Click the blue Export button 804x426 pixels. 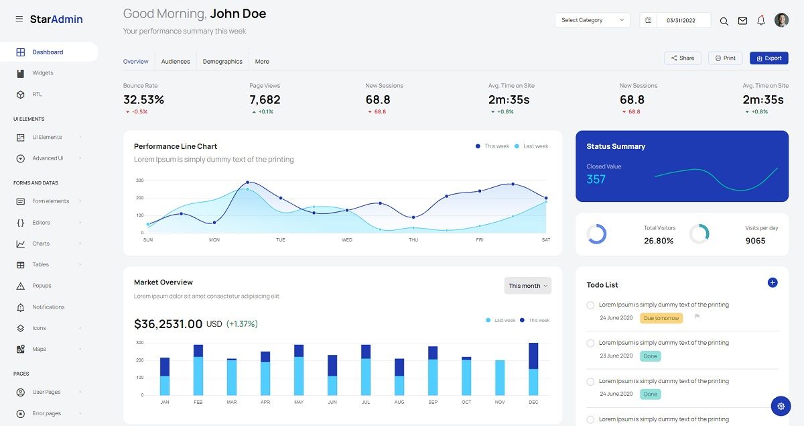(768, 58)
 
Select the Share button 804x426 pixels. (683, 58)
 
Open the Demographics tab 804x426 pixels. (222, 62)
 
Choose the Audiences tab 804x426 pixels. (176, 62)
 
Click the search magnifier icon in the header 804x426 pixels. (724, 21)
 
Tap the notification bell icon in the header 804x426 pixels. (761, 21)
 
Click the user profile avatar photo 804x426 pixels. (781, 20)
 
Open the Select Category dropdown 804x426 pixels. (592, 20)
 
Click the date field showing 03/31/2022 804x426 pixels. (680, 21)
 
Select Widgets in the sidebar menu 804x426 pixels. (43, 73)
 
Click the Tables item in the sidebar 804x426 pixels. (41, 265)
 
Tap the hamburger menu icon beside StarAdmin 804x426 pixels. (19, 19)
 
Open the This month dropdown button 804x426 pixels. (528, 286)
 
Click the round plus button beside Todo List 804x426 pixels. (772, 283)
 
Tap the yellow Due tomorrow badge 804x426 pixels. (661, 318)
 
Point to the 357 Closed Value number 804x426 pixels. (596, 179)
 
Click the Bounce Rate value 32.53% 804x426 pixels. (143, 100)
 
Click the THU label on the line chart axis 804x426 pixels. (413, 239)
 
